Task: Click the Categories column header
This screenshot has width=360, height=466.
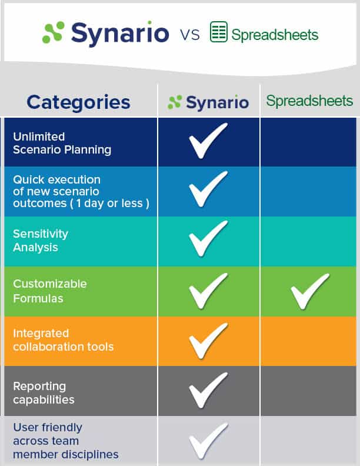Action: pyautogui.click(x=78, y=102)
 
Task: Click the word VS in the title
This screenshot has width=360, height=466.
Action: pyautogui.click(x=189, y=35)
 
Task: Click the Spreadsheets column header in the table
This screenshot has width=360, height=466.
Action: pyautogui.click(x=309, y=101)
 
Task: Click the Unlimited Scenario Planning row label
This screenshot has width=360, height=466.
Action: pyautogui.click(x=62, y=143)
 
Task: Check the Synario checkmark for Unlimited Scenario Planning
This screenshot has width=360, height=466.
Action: pyautogui.click(x=208, y=141)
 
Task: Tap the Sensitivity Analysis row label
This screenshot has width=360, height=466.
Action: pyautogui.click(x=41, y=241)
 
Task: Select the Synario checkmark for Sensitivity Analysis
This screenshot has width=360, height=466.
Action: pyautogui.click(x=208, y=239)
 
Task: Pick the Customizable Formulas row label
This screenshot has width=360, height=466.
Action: pyautogui.click(x=49, y=291)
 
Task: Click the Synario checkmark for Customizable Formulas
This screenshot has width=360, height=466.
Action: pyautogui.click(x=208, y=290)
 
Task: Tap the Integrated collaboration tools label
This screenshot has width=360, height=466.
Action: pyautogui.click(x=63, y=340)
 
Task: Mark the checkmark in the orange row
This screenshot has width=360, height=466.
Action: pyautogui.click(x=208, y=340)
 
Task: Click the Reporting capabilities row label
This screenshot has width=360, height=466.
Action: pyautogui.click(x=44, y=392)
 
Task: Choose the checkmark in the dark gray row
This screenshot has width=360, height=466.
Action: pyautogui.click(x=208, y=390)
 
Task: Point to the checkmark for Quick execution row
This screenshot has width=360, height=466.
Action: pyautogui.click(x=208, y=191)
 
